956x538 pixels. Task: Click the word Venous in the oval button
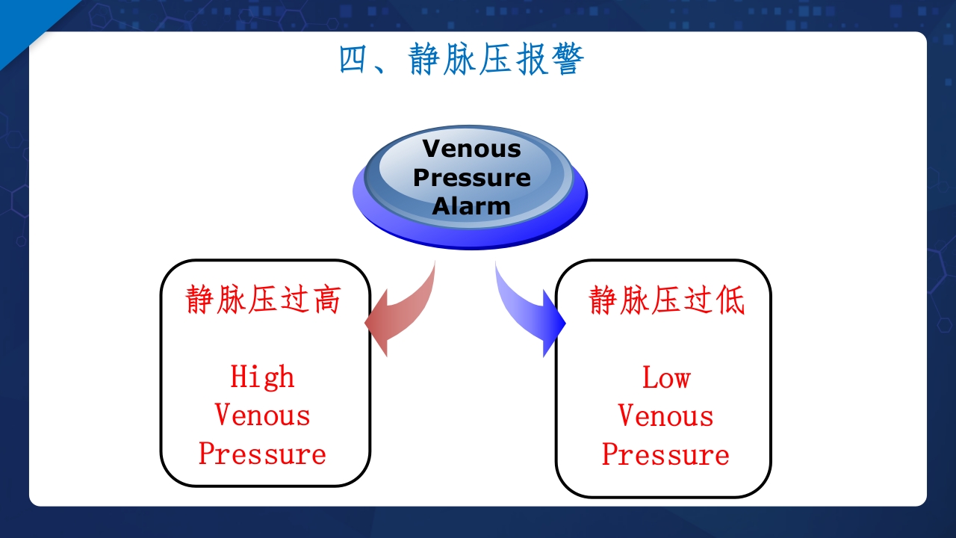(x=471, y=148)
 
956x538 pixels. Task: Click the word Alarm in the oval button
(x=471, y=205)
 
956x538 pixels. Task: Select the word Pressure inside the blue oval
(x=471, y=177)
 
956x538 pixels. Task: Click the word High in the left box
(x=262, y=376)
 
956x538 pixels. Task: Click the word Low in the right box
(x=665, y=377)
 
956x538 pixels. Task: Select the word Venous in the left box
(x=262, y=415)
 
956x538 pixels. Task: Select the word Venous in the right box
(x=665, y=416)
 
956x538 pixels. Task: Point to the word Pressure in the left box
(x=262, y=454)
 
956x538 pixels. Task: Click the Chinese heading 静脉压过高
(x=263, y=300)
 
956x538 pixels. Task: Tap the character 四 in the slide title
(x=355, y=60)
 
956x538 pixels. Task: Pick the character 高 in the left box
(x=326, y=300)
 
